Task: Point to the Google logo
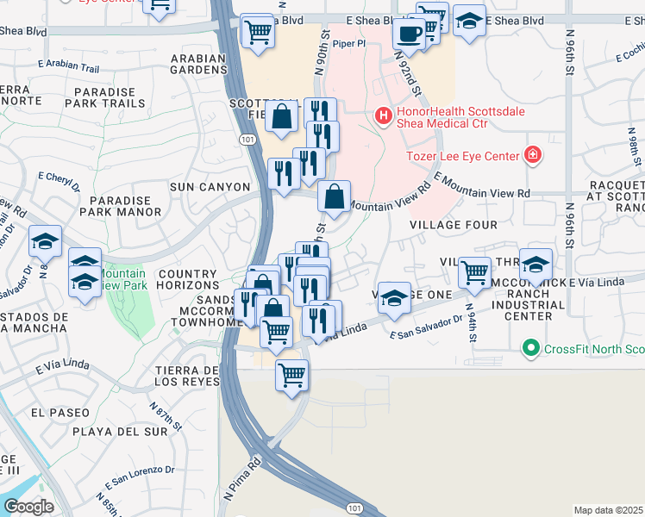[28, 506]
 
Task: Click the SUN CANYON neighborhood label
[210, 187]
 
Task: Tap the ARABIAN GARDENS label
[197, 65]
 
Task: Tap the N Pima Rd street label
[243, 478]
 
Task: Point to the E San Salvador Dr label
[426, 328]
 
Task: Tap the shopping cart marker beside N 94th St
[474, 272]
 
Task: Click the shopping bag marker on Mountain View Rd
[334, 196]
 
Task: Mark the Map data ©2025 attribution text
[608, 510]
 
